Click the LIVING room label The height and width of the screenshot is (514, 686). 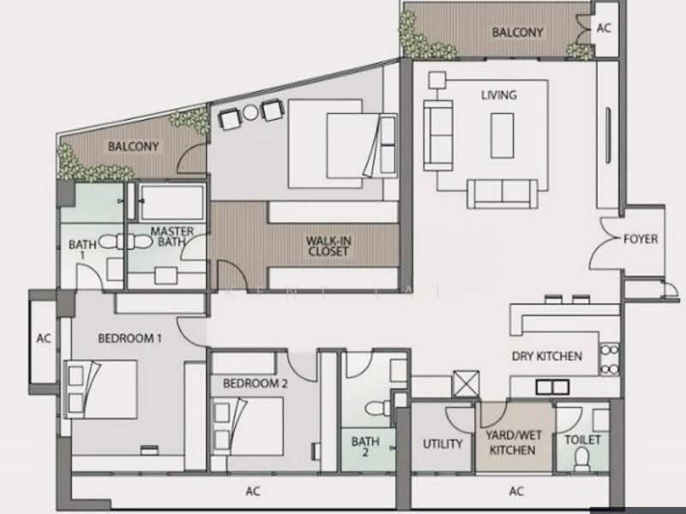coord(499,95)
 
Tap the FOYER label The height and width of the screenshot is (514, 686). coord(641,239)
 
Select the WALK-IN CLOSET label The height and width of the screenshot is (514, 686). coord(328,246)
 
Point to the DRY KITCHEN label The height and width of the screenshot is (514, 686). coord(547,356)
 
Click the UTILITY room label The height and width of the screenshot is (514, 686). coord(442,444)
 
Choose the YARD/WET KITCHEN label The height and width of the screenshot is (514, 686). coord(513,443)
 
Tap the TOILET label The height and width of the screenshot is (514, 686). coord(583,439)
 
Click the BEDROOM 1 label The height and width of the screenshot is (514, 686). coord(129,338)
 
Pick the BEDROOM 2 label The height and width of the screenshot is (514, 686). coord(255,383)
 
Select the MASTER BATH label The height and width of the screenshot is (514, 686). coord(172,236)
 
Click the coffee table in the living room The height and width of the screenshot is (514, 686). coord(502,135)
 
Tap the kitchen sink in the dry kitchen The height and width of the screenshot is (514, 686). coord(552,387)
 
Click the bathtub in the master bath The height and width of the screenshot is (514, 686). coord(171,202)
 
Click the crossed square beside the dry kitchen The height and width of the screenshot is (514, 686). coord(466,384)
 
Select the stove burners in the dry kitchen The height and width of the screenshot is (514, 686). coord(609,360)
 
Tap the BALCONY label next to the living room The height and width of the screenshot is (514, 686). coord(517,33)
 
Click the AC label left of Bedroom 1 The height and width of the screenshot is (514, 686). coord(44,338)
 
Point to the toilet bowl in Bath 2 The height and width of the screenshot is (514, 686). coord(376,409)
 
